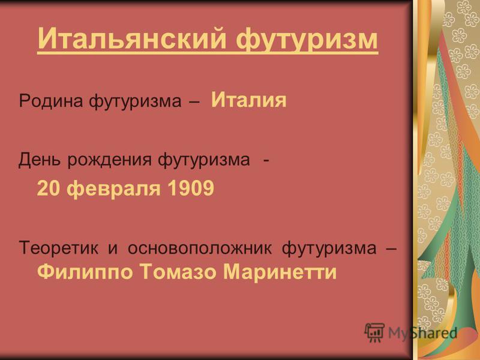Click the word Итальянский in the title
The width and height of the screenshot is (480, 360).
pos(132,38)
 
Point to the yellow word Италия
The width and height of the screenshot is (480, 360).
pos(249,100)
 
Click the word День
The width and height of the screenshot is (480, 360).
pos(40,160)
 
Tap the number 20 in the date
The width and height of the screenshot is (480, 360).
pos(48,188)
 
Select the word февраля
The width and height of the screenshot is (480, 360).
pos(113,188)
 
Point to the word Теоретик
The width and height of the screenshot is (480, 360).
pos(59,248)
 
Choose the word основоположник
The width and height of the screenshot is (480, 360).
pos(200,248)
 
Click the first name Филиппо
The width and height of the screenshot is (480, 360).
pos(85,272)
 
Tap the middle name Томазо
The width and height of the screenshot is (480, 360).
pos(178,272)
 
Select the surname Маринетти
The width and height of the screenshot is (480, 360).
pos(280,272)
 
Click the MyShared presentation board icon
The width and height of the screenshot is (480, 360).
pos(374,333)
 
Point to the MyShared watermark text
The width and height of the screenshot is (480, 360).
pos(422,333)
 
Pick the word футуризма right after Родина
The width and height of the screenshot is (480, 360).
pos(136,101)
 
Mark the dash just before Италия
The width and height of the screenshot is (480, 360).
pos(194,102)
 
